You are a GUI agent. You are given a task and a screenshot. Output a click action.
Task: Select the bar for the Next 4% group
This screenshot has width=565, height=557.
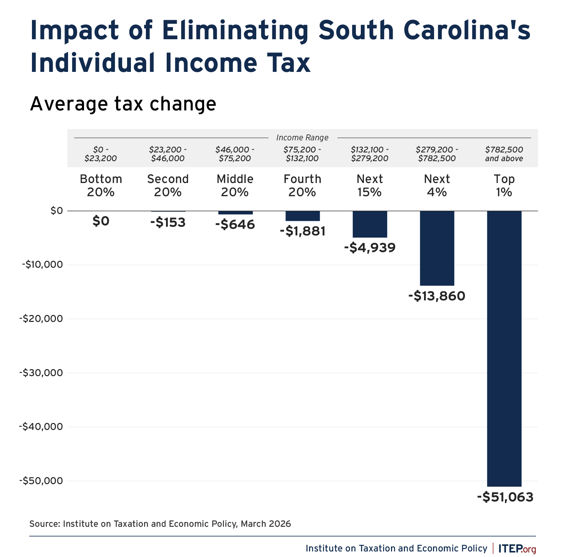point(437,248)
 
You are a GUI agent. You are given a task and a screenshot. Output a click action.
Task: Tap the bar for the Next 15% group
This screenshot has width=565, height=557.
point(370,224)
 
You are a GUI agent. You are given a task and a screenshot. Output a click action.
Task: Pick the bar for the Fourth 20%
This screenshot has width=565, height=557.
point(302,216)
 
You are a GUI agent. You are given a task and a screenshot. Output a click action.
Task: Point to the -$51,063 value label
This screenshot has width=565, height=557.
point(505,497)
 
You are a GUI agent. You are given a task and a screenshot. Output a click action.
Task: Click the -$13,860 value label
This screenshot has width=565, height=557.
point(437,296)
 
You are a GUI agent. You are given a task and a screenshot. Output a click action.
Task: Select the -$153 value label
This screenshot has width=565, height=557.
point(168,222)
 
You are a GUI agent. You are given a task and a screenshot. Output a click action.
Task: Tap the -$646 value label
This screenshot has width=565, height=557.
point(235,225)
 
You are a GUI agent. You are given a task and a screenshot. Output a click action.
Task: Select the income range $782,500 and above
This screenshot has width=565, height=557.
point(504,154)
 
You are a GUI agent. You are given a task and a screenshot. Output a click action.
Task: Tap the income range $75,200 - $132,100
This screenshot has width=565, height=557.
point(302,154)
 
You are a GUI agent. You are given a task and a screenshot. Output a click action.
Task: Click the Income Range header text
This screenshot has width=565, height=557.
point(302,138)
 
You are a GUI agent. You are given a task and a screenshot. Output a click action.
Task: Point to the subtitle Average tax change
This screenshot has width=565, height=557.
point(123,104)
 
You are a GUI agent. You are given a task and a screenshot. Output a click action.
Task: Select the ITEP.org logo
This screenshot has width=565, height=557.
point(517,549)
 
